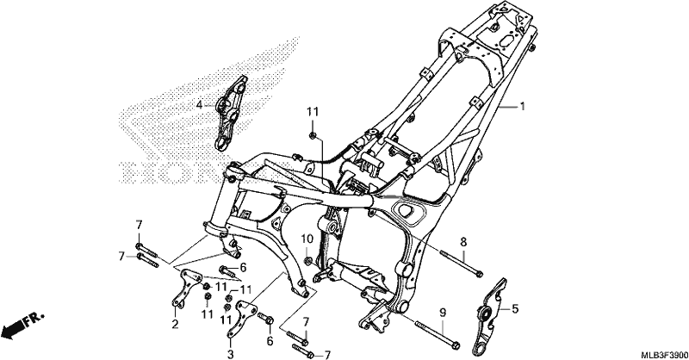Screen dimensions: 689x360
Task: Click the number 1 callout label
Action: point(523,107)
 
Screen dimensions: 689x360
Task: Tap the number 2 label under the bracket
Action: point(176,325)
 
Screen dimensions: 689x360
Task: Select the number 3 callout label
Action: point(230,354)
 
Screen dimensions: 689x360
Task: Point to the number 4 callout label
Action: point(199,105)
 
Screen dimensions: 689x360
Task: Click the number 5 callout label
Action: point(515,309)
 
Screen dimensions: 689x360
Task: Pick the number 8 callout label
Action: point(463,242)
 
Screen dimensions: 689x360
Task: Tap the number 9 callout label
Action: point(443,313)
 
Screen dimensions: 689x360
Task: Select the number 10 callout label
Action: point(307,239)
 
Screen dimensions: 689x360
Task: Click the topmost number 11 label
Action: point(313,112)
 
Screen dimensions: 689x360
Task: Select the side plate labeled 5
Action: point(489,316)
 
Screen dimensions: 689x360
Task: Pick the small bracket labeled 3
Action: point(239,319)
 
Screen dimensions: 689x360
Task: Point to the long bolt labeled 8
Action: point(461,263)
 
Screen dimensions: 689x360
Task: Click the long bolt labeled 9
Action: point(438,334)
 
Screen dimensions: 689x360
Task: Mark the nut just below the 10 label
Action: point(308,262)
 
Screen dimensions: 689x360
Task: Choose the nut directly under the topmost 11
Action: point(313,135)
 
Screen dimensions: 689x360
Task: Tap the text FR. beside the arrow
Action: point(34,319)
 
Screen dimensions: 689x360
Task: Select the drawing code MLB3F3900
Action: point(663,355)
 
